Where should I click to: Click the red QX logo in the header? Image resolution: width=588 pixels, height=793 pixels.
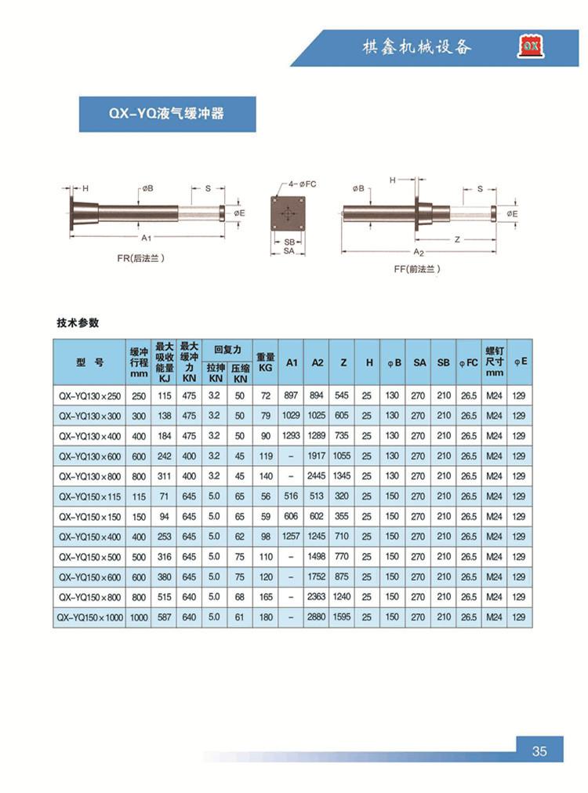coord(530,47)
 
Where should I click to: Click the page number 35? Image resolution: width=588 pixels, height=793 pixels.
coord(539,751)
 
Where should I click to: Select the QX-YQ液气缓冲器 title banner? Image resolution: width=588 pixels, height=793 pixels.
coord(167,114)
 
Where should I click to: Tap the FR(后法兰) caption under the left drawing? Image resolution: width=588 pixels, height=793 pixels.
coord(141,257)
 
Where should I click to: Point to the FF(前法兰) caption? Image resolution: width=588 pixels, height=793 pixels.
coord(417,269)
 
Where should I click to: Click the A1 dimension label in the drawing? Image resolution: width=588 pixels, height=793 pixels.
coord(146,237)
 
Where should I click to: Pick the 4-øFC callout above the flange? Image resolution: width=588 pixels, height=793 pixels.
coord(301,184)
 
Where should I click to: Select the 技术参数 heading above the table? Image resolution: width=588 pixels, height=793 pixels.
coord(78,322)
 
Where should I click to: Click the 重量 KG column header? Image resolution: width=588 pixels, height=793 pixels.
coord(266,362)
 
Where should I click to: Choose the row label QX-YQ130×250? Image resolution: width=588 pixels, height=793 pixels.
coord(91,396)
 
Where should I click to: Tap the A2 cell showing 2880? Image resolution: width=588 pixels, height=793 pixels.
coord(317,617)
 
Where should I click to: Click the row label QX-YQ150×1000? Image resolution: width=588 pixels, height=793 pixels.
coord(91,617)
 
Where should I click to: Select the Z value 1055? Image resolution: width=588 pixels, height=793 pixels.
coord(342,456)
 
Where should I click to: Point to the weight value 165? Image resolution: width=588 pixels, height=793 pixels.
coord(266,597)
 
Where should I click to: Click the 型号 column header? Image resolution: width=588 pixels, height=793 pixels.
coord(90,362)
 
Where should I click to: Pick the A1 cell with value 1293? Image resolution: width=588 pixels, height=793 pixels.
coord(291,436)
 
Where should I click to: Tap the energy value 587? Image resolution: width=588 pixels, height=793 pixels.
coord(165,617)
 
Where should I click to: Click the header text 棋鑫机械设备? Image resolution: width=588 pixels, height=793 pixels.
coord(416,47)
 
